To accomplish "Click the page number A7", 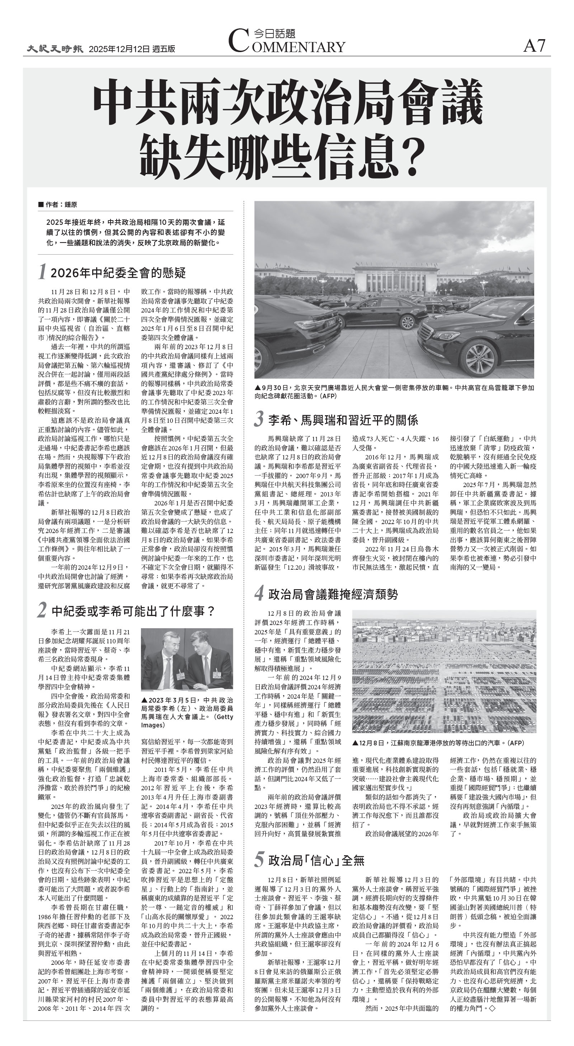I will [x=534, y=46].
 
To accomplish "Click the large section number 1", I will [x=42, y=272].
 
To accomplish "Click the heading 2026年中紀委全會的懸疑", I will [x=118, y=273].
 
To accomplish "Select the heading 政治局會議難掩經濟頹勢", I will [x=333, y=594].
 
